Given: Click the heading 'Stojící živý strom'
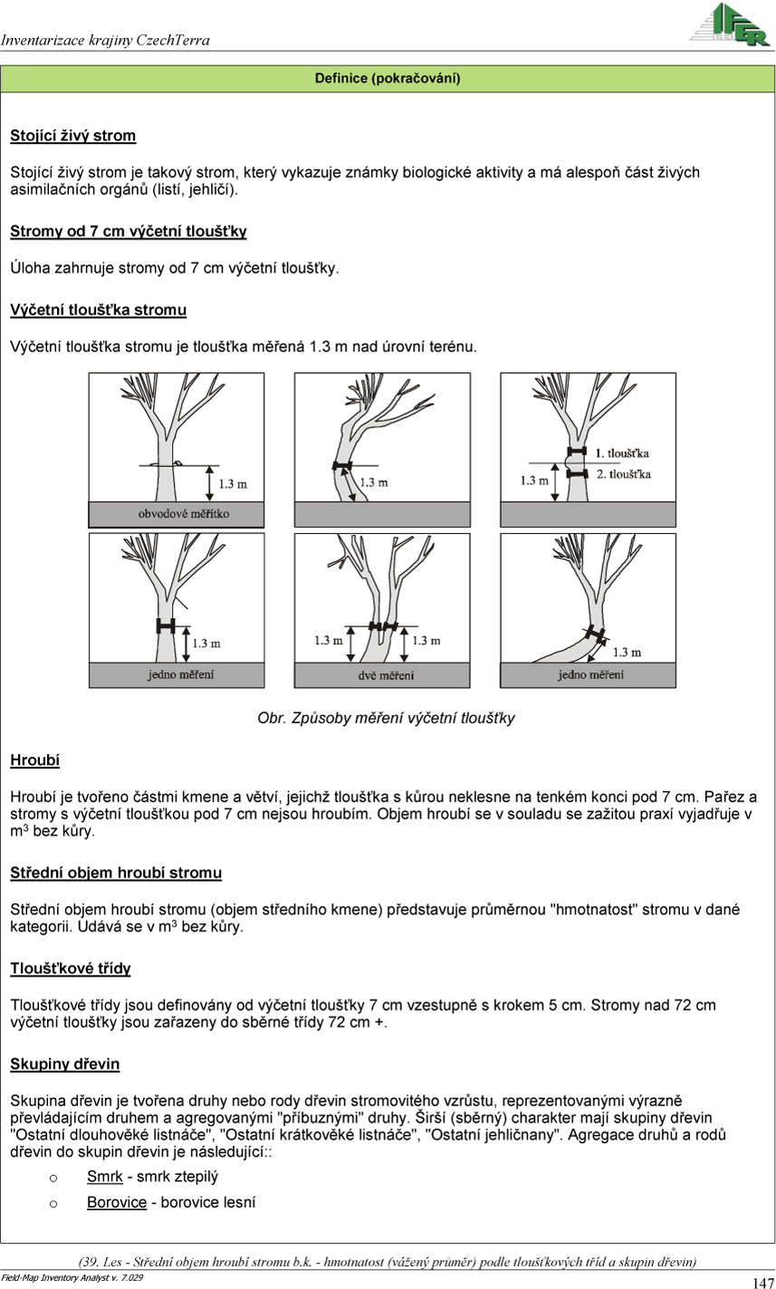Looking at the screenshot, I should coord(73,136).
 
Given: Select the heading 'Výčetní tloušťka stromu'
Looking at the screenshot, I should coord(98,310).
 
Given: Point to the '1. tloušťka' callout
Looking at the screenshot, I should coord(622,453).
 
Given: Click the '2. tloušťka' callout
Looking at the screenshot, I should coord(623,473).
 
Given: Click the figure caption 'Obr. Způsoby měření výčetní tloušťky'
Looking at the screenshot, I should coord(387,718).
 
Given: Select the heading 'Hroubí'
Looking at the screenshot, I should coord(34,760).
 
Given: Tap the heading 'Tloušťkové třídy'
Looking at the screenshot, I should coord(71,969).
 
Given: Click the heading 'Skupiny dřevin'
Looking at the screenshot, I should coord(64,1064).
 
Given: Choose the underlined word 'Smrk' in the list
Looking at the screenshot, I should coord(104,1177).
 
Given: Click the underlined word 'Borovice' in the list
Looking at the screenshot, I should coord(117,1202).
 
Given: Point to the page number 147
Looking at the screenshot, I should coord(762,1282).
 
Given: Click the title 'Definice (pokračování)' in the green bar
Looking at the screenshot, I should coord(388,79).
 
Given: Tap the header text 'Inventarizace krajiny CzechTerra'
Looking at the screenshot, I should coord(105,40).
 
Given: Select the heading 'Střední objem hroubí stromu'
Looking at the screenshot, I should coord(116,874).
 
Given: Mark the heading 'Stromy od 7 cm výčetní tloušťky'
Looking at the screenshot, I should coord(129,232).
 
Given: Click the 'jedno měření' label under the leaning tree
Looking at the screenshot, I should coord(590,674).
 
